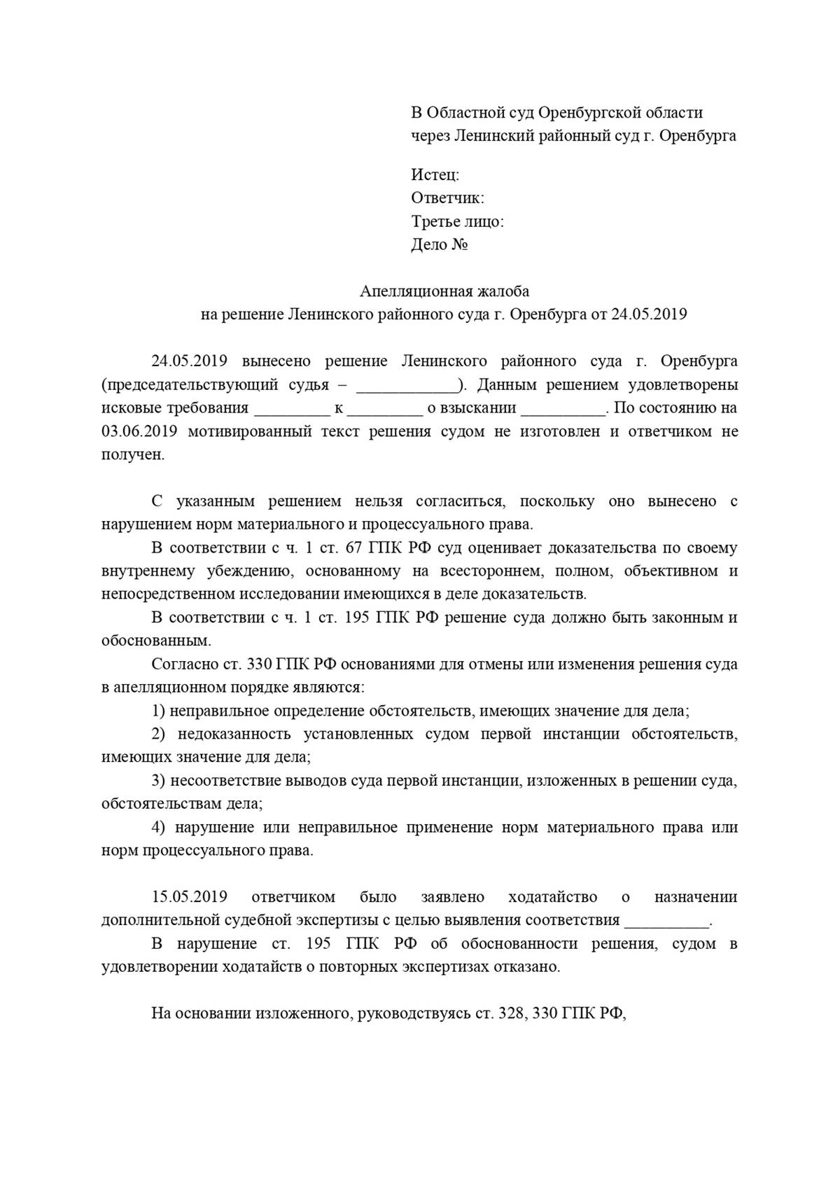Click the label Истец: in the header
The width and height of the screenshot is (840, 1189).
click(435, 175)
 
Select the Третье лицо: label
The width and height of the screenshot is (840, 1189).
click(457, 222)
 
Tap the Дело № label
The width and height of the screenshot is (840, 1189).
click(439, 245)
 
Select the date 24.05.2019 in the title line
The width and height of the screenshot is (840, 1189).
click(649, 314)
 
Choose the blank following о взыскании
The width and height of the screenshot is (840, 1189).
click(563, 409)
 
